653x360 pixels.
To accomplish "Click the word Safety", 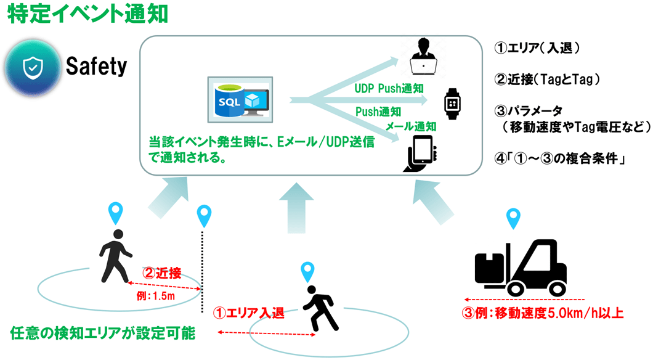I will tap(96, 65).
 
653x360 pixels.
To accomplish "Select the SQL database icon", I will tap(240, 99).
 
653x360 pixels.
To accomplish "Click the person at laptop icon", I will tap(424, 57).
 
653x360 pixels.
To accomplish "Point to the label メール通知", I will tap(411, 126).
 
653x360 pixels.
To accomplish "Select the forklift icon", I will tap(521, 266).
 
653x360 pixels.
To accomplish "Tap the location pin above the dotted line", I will tap(204, 216).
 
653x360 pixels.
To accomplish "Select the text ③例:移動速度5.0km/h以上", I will tap(543, 313).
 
